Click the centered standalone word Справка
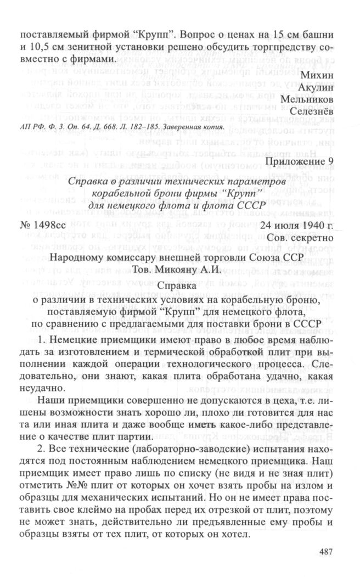coord(179,286)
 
